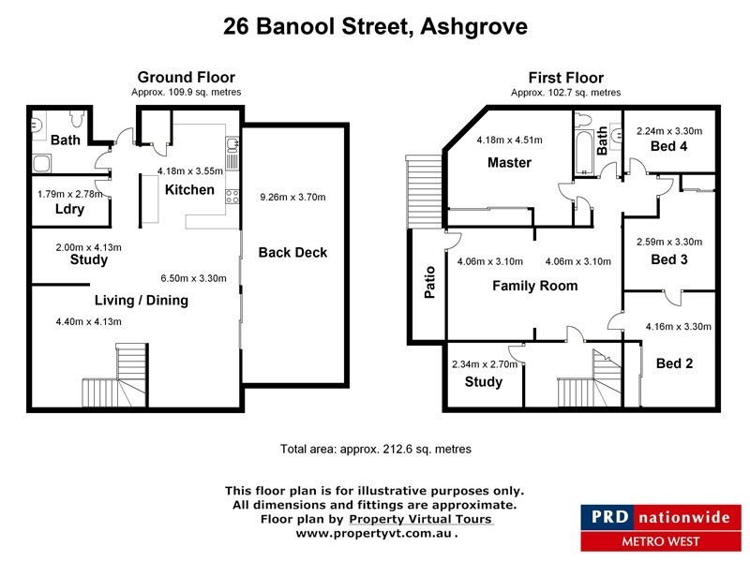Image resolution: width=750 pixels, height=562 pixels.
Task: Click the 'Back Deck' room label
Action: pyautogui.click(x=292, y=253)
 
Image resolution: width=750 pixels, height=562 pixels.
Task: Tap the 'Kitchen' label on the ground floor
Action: pyautogui.click(x=189, y=190)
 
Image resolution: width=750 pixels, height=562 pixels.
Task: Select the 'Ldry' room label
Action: pyautogui.click(x=69, y=209)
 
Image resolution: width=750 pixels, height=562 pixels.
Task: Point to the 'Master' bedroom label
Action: pyautogui.click(x=509, y=163)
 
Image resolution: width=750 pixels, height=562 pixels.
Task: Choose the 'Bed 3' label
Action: pyautogui.click(x=669, y=259)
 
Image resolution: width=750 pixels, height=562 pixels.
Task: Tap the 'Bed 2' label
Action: pyautogui.click(x=674, y=363)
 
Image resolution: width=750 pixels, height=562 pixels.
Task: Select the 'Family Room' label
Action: pyautogui.click(x=534, y=286)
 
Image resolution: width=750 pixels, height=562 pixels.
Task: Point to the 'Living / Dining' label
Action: pyautogui.click(x=141, y=301)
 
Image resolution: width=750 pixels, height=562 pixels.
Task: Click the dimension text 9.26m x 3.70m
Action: pyautogui.click(x=292, y=198)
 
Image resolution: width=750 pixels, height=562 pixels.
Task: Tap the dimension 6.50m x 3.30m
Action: pyautogui.click(x=194, y=278)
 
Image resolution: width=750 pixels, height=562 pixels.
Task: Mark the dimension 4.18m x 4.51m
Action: pyautogui.click(x=509, y=140)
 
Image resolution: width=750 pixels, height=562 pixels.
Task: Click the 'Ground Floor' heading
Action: pyautogui.click(x=187, y=77)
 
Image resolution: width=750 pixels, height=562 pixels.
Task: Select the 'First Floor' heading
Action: pyautogui.click(x=566, y=78)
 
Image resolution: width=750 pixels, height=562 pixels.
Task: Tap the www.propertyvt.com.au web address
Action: pyautogui.click(x=376, y=533)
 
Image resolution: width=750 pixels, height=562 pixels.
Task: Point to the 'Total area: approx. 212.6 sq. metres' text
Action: pyautogui.click(x=376, y=450)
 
